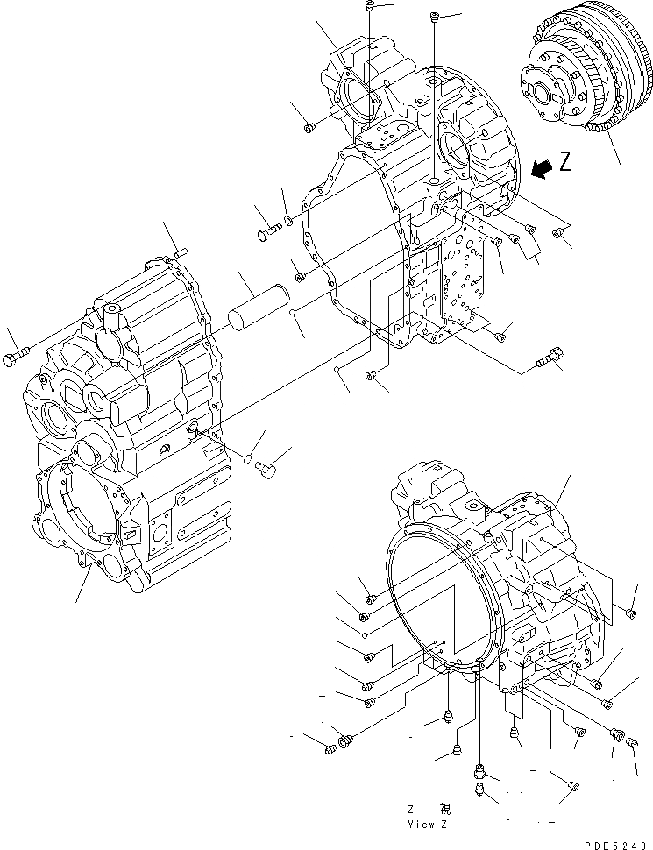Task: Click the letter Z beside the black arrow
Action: click(565, 162)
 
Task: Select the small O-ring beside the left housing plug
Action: click(247, 457)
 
